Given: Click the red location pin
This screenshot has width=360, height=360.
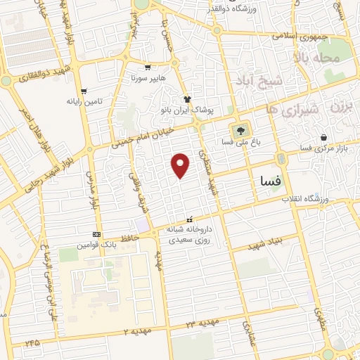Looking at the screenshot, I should (181, 165).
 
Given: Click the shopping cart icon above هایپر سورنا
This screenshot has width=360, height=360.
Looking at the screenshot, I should (148, 68).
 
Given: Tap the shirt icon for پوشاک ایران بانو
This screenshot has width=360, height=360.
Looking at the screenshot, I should (187, 100).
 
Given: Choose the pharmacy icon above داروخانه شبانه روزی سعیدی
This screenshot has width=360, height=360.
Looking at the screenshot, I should (188, 219).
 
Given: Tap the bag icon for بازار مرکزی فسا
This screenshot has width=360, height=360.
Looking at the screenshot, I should (323, 138).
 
